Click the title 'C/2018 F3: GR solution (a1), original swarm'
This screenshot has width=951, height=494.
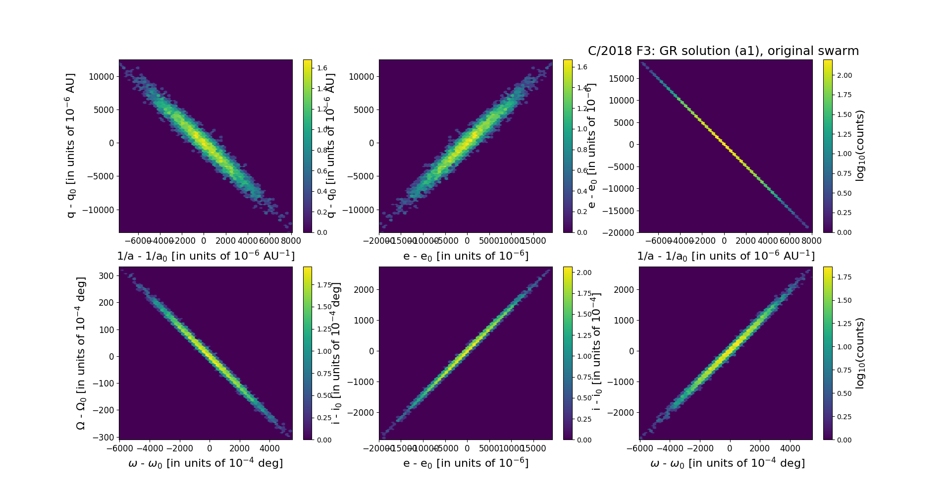pyautogui.click(x=723, y=51)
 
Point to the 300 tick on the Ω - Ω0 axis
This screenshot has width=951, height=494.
pyautogui.click(x=107, y=276)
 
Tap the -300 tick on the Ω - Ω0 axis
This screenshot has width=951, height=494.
pyautogui.click(x=105, y=437)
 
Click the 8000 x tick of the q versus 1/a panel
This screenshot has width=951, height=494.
pyautogui.click(x=291, y=241)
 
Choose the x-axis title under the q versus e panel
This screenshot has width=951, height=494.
pyautogui.click(x=466, y=256)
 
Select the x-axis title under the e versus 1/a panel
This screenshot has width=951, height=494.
pyautogui.click(x=726, y=256)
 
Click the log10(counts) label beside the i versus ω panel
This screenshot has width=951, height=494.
pyautogui.click(x=860, y=353)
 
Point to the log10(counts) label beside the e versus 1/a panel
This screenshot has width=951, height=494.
pyautogui.click(x=860, y=146)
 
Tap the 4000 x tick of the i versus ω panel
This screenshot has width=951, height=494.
pyautogui.click(x=790, y=448)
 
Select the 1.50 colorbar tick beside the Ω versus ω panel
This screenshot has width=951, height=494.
pyautogui.click(x=324, y=307)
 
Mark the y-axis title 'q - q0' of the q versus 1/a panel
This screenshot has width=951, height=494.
pyautogui.click(x=70, y=146)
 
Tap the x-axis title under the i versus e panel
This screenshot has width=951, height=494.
pyautogui.click(x=466, y=463)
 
